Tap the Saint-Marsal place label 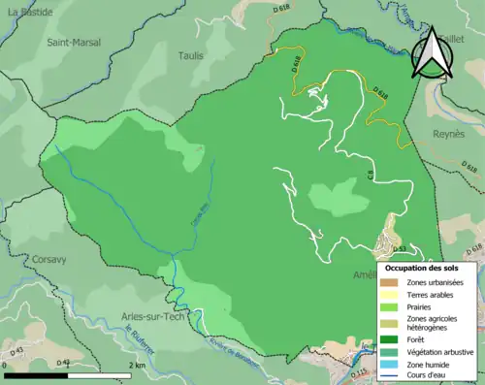(74, 43)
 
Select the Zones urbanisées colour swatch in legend (391, 282)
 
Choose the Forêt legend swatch (391, 338)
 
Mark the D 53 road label (398, 249)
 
